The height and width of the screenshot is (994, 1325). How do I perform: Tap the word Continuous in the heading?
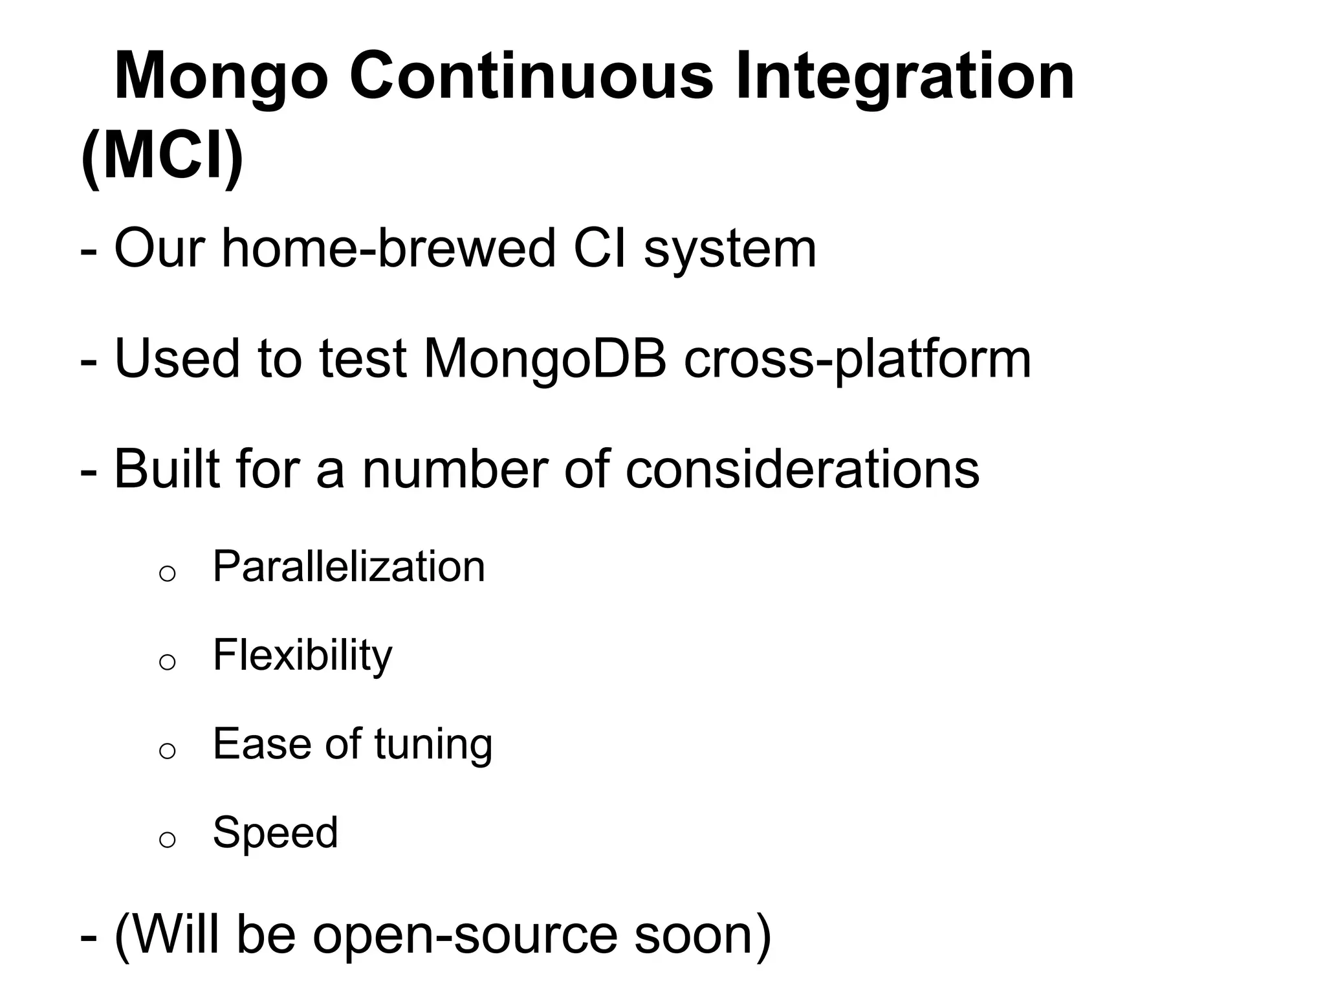click(531, 77)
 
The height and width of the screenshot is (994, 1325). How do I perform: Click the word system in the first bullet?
click(730, 249)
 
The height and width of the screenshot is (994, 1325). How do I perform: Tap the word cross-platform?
click(857, 359)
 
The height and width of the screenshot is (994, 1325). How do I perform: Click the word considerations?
click(802, 469)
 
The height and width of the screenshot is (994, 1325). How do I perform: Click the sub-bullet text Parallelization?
click(349, 567)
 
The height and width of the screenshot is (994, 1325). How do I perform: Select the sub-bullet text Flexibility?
click(302, 655)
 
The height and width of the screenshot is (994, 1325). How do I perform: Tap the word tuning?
click(433, 744)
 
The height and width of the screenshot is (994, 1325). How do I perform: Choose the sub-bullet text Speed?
click(275, 832)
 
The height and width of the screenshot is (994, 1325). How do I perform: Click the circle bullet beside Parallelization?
click(168, 573)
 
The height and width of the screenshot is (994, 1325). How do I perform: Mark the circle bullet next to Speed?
click(168, 839)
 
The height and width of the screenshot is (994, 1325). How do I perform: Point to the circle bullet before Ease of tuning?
click(168, 751)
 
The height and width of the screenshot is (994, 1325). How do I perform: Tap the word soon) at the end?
click(703, 935)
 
